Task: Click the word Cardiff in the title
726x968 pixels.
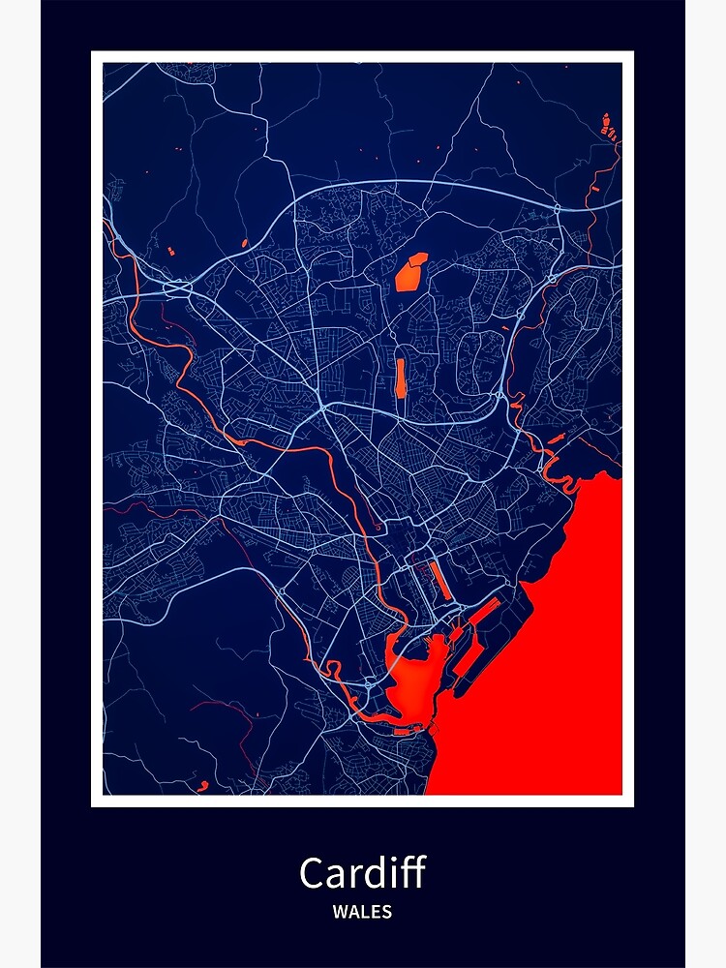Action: tap(362, 873)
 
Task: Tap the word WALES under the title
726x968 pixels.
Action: tap(362, 911)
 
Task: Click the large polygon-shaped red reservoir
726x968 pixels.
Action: tap(410, 272)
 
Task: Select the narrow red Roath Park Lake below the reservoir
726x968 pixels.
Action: tap(400, 378)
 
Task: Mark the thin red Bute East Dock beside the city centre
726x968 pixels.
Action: tap(439, 579)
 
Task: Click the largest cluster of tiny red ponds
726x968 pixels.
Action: tap(608, 125)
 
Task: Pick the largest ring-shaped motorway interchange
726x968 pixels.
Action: tap(177, 287)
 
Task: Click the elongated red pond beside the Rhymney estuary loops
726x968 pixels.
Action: tap(555, 439)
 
